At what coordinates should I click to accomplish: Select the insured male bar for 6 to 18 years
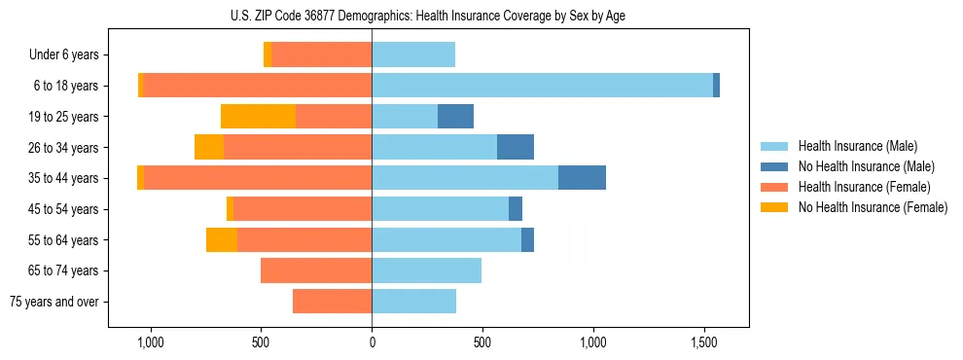tap(542, 86)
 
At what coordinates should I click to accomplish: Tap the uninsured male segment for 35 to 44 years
tap(582, 178)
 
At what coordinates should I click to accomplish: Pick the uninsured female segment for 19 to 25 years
tap(258, 117)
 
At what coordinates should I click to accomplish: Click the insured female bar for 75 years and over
tap(332, 302)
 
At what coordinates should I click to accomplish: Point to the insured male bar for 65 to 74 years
tap(426, 270)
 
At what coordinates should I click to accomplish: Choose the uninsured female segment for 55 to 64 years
tap(222, 240)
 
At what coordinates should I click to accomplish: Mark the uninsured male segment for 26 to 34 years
tap(516, 147)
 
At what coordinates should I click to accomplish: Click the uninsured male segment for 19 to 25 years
tap(455, 117)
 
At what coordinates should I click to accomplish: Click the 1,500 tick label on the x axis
tap(704, 343)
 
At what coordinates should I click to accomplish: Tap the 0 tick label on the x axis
tap(372, 343)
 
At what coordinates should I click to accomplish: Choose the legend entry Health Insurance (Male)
tap(858, 146)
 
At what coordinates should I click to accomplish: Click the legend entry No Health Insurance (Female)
tap(873, 207)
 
